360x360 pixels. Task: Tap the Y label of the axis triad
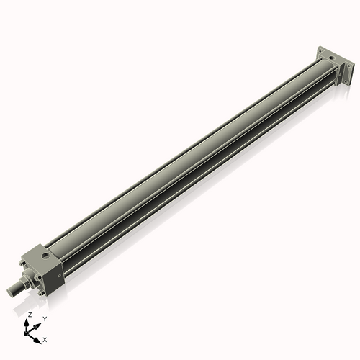click(44, 318)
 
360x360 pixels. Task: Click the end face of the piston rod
click(10, 291)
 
